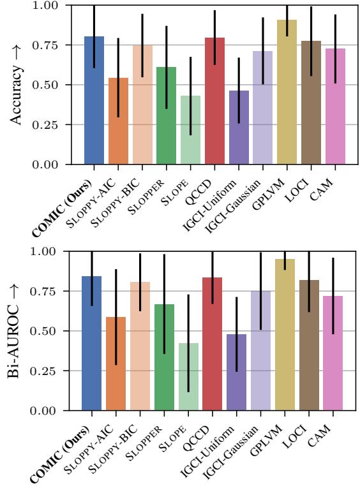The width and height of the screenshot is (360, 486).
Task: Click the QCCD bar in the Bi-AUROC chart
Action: pyautogui.click(x=214, y=344)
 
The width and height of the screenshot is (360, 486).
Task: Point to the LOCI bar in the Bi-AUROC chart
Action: pyautogui.click(x=310, y=345)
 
